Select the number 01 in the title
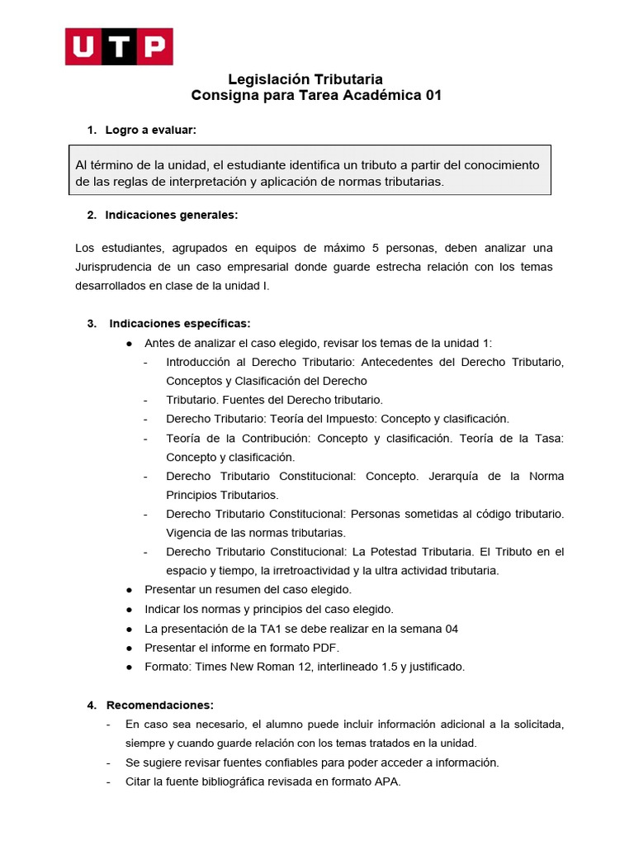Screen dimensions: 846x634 [x=433, y=96]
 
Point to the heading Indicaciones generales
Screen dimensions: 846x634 [x=171, y=215]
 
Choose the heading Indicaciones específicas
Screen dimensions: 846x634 [x=179, y=323]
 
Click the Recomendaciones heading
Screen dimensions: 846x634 [x=159, y=705]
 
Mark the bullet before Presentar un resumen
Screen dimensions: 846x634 [x=130, y=590]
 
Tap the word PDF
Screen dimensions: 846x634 [x=327, y=648]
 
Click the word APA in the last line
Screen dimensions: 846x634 [x=387, y=782]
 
